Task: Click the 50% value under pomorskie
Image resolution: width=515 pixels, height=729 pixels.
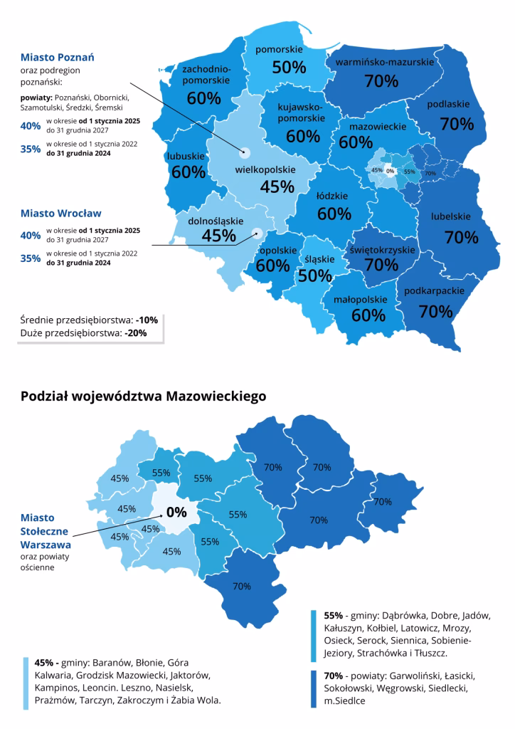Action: [289, 67]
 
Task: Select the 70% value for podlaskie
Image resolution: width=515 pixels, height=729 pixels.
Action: [457, 124]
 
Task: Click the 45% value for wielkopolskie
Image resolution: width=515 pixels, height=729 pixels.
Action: [257, 187]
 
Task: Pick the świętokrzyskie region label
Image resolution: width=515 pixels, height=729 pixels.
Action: [382, 250]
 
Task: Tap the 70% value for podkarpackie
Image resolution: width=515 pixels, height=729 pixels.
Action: [436, 311]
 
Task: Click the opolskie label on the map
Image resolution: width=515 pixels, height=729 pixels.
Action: [277, 251]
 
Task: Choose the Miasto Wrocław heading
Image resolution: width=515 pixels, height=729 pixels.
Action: [60, 213]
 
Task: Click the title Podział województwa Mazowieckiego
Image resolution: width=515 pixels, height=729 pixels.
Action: [144, 396]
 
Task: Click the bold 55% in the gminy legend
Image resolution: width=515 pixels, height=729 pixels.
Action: [334, 614]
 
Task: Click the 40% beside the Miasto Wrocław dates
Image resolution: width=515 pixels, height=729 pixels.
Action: [30, 235]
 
